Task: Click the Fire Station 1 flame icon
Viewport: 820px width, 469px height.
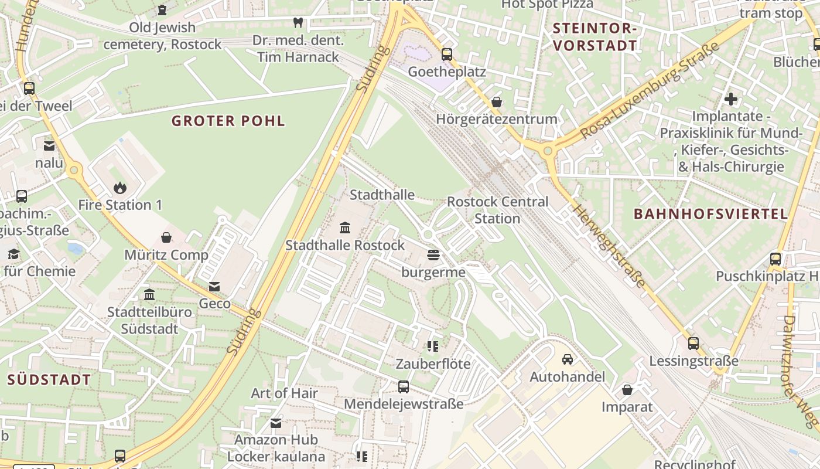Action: point(120,188)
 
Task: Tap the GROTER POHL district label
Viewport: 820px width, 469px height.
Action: point(228,121)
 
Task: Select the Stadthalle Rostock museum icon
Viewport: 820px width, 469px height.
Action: point(345,227)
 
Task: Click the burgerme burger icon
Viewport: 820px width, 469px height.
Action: point(433,255)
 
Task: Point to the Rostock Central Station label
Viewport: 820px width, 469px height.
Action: point(497,210)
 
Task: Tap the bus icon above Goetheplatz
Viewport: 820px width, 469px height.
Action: point(447,55)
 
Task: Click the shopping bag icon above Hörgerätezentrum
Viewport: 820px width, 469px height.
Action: point(497,102)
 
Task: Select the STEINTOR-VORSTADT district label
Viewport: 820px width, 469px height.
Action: point(594,36)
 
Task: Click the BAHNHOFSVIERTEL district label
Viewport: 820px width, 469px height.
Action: point(711,214)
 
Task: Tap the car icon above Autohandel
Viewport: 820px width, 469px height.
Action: point(567,359)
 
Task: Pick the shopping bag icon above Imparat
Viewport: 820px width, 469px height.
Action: point(627,390)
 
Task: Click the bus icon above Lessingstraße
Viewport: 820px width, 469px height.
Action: point(693,344)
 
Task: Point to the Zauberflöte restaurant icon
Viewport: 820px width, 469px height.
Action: point(433,346)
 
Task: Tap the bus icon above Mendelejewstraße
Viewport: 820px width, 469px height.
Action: point(404,387)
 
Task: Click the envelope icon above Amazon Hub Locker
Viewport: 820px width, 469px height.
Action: point(276,423)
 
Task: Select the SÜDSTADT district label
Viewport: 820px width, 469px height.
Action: point(49,380)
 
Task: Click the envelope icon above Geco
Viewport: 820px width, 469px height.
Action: point(214,287)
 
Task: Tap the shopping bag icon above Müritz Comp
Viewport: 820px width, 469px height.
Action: point(166,237)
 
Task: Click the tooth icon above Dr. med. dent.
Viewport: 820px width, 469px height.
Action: point(298,23)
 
